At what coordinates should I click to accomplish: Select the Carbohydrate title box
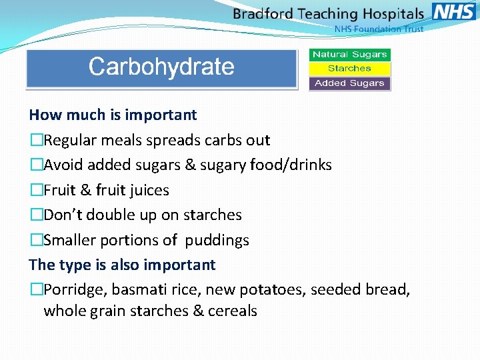point(161,67)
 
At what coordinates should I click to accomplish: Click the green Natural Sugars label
point(349,55)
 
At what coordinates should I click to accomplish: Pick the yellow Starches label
point(349,69)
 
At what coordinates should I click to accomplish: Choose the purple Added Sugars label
point(349,83)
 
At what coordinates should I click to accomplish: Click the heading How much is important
point(113,115)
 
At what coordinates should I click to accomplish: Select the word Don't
point(65,215)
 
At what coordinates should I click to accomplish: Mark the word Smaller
point(71,240)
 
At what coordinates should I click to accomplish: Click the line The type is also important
point(122,265)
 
